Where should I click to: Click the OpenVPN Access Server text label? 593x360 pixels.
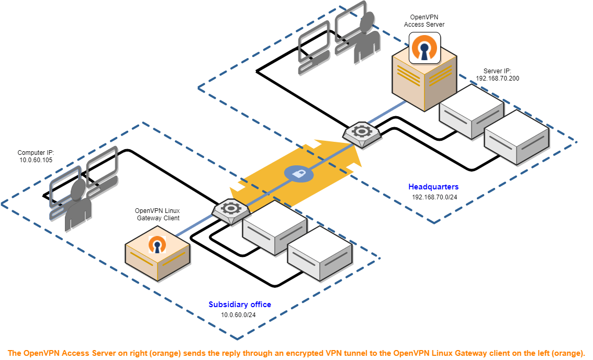click(424, 21)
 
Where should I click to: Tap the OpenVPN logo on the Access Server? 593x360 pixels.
click(424, 48)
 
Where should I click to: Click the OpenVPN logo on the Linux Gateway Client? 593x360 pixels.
click(156, 244)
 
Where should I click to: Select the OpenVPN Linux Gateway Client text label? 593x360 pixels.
click(157, 214)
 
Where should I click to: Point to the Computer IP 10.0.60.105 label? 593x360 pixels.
click(36, 156)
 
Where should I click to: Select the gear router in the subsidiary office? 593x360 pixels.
click(231, 209)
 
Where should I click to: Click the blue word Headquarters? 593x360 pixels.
click(434, 187)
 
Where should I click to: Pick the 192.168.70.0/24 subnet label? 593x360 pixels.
click(434, 197)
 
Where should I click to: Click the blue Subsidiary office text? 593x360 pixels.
click(240, 305)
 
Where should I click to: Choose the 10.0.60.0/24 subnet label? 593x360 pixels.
click(238, 315)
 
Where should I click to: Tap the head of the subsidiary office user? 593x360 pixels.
click(79, 189)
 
